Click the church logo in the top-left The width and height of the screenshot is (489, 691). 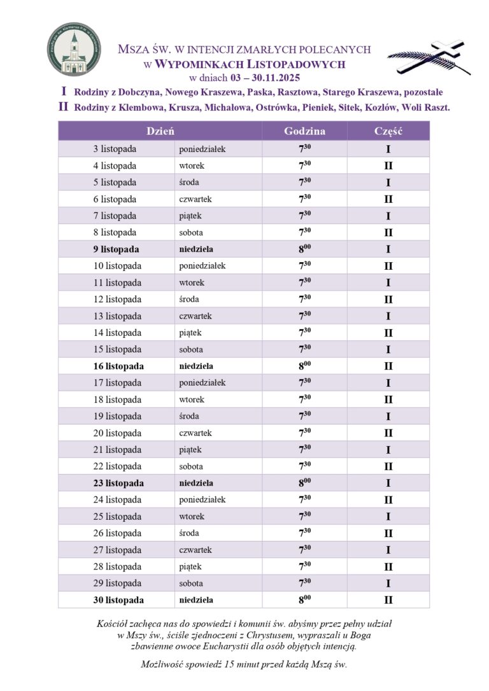pos(74,50)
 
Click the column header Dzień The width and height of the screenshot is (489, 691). pos(160,131)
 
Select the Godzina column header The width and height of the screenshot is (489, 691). pos(304,131)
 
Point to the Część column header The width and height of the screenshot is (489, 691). pos(388,131)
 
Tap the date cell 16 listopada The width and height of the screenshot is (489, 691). pos(118,366)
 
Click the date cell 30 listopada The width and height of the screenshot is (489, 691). pos(118,600)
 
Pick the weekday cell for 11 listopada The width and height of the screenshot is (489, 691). pos(192,283)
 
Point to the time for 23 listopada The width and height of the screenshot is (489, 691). pos(304,483)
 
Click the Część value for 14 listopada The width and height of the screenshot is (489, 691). pos(388,333)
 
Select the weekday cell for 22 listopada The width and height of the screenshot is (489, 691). pos(192,466)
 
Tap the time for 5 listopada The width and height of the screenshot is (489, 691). pos(304,183)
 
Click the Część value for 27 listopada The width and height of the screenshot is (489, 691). pos(388,550)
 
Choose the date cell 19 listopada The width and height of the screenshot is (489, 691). pos(118,416)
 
